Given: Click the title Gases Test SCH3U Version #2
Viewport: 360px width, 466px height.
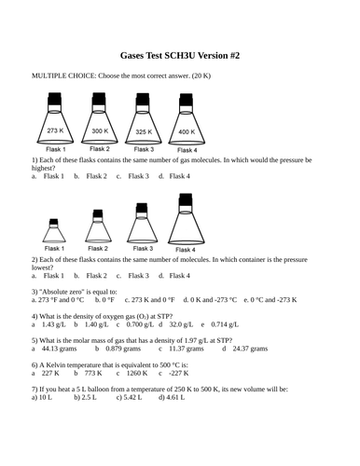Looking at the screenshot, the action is coord(180,55).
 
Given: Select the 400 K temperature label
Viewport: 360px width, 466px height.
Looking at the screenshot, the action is coord(187,131).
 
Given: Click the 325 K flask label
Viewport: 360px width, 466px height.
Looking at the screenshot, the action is coord(143,130).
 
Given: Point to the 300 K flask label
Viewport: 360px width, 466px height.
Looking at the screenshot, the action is coord(100,130).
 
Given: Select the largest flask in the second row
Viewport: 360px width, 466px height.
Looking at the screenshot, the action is coord(186,223).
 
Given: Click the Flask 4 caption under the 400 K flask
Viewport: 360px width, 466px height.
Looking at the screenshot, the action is coord(187,150).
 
